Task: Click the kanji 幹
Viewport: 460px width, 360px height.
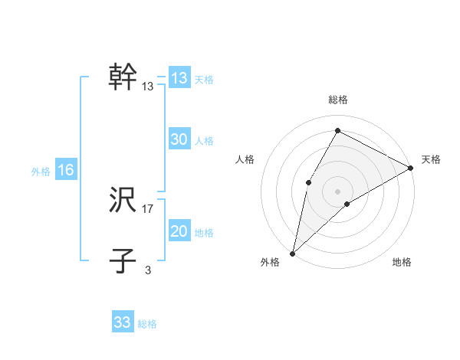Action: coord(123,77)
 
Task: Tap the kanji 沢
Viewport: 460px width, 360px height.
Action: coord(123,201)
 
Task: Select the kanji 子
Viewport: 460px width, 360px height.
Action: coord(123,261)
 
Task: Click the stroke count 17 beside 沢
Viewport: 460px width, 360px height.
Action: coord(148,208)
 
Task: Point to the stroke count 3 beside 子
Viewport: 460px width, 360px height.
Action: coord(148,270)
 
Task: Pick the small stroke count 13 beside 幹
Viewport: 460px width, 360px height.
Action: coord(148,87)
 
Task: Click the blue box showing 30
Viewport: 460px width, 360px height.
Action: coord(179,139)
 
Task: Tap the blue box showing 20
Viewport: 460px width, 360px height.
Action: coord(179,231)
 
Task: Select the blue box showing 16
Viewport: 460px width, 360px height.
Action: coord(66,170)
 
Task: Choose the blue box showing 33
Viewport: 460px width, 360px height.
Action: coord(123,322)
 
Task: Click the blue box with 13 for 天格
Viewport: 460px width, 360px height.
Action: coord(179,78)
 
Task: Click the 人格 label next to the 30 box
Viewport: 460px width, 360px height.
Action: coord(204,141)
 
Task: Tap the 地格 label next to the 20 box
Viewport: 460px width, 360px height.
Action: coord(204,233)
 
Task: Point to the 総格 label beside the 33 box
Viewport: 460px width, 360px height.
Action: coord(147,324)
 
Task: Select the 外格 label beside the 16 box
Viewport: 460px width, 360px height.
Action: coord(41,172)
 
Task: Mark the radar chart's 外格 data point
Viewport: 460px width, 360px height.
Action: coord(292,253)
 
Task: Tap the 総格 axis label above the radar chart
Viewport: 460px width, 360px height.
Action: coord(337,100)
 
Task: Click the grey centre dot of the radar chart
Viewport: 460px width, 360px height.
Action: coord(337,191)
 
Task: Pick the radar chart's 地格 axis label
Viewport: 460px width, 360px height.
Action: coord(402,263)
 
